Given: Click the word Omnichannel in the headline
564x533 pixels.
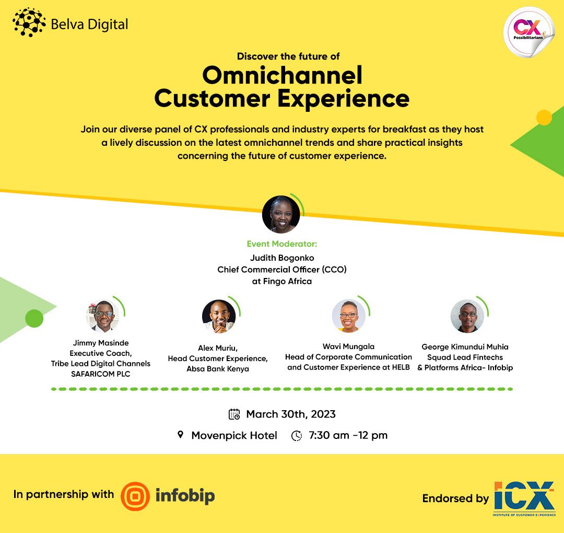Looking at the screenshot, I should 282,75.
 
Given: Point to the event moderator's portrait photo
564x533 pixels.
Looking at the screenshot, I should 281,214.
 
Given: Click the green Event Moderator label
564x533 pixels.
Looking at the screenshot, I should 282,244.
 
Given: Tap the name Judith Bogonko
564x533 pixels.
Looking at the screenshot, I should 282,257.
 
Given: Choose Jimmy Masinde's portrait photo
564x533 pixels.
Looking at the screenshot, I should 103,316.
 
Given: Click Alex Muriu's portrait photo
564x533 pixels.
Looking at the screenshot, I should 218,316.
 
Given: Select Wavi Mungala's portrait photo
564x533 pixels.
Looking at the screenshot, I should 348,316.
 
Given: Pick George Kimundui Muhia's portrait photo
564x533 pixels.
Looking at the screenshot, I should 467,316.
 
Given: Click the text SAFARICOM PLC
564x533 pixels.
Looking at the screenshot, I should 100,374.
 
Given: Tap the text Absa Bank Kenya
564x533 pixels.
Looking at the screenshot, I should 218,369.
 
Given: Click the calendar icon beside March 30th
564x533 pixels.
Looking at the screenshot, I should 234,414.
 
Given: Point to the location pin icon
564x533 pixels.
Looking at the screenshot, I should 181,435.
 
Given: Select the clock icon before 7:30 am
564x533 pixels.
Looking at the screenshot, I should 297,435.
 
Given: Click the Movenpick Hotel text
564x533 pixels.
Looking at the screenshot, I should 234,435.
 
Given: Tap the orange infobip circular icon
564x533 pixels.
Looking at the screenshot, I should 135,496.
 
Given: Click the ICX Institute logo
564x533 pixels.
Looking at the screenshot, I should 524,499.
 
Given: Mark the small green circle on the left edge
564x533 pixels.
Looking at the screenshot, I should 34,318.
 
